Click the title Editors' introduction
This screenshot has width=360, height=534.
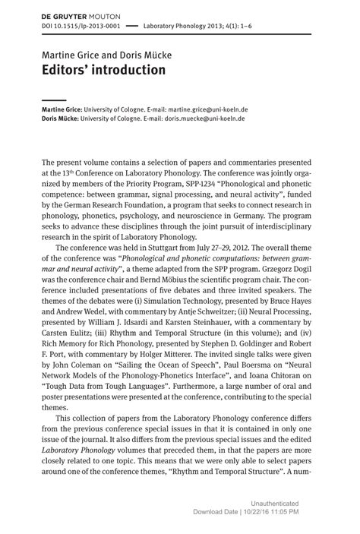(x=103, y=70)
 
